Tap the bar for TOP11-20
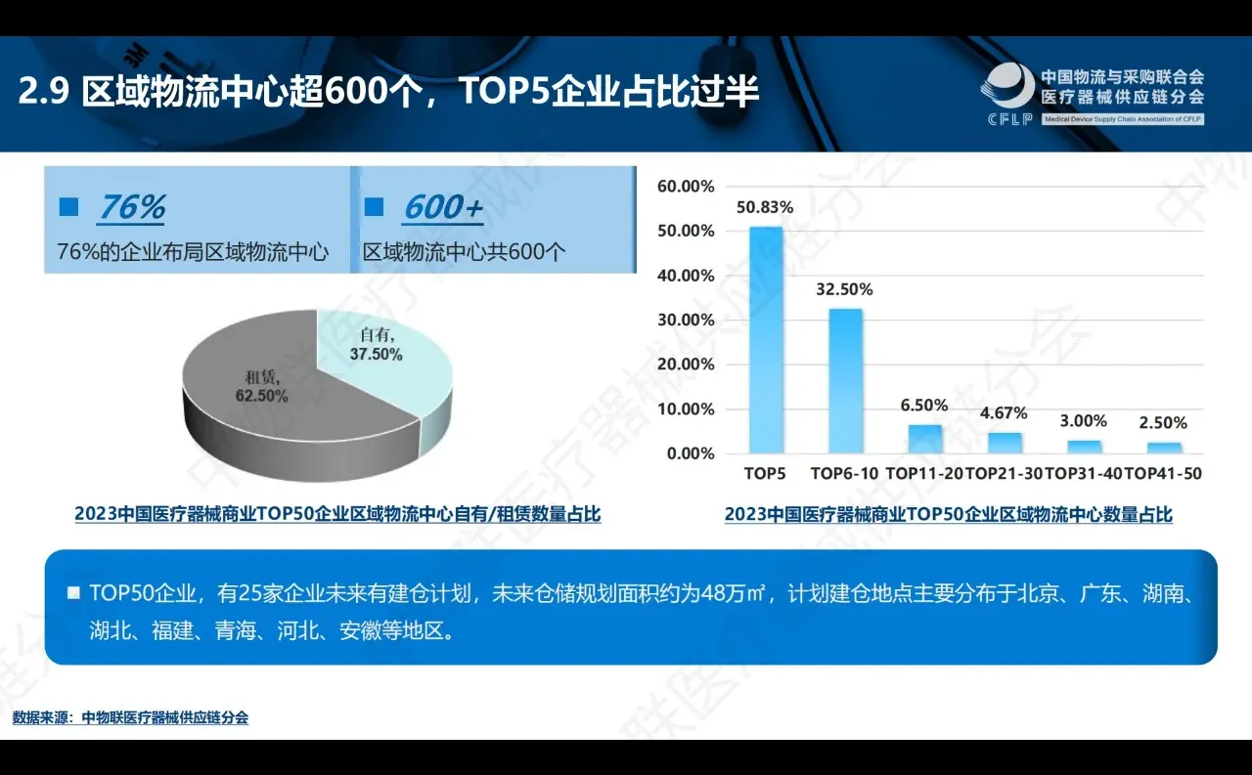coord(926,439)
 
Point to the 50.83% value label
coord(766,207)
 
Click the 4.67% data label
coord(1005,412)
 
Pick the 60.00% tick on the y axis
coord(686,186)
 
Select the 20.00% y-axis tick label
coord(686,365)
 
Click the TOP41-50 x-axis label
coord(1163,474)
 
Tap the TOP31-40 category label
coord(1084,474)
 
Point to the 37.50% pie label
coord(377,355)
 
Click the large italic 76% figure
coord(131,207)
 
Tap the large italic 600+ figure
coord(443,207)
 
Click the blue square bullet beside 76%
coord(68,207)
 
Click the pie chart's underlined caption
coord(337,514)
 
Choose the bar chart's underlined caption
coord(948,515)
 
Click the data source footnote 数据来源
coord(130,717)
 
